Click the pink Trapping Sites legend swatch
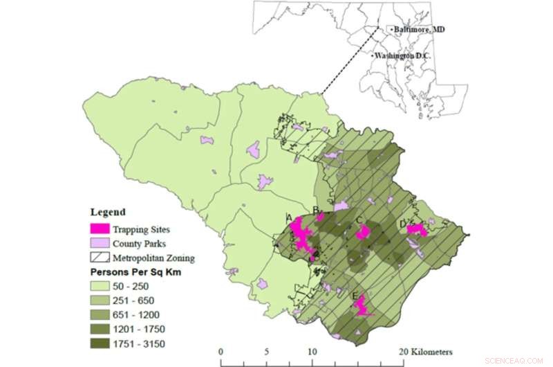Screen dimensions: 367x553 [100, 228]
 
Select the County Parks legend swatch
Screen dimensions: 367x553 [100, 243]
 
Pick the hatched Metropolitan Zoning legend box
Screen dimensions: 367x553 [100, 258]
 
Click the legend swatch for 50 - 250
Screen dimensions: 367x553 [100, 286]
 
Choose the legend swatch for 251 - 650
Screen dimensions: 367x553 [100, 301]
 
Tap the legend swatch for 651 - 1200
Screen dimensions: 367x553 [100, 314]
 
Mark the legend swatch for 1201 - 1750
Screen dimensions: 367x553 [100, 329]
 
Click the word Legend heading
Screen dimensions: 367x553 [108, 212]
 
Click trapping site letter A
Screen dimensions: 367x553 [289, 217]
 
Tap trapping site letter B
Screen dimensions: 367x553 [316, 210]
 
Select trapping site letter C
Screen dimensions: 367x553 [359, 222]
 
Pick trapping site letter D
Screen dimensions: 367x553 [402, 224]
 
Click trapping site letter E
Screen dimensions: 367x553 [355, 297]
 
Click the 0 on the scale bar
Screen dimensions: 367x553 [220, 352]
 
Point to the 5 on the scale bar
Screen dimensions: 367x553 [265, 352]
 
